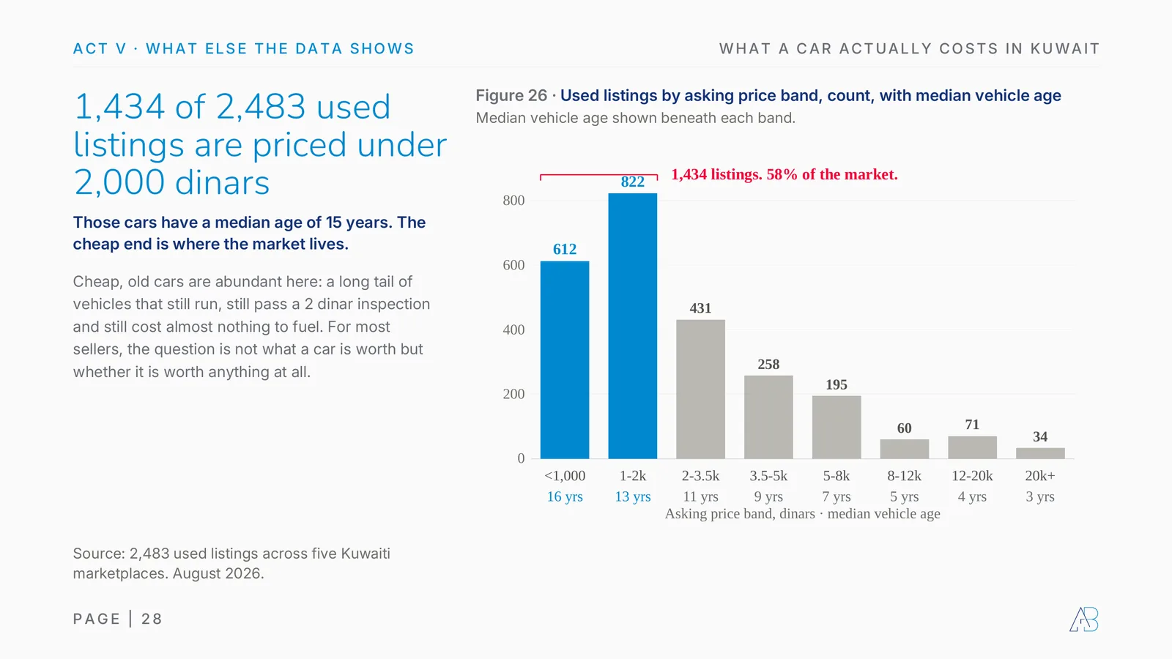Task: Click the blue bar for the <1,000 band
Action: (565, 360)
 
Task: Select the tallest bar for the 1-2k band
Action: (633, 326)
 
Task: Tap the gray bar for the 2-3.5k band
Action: (700, 389)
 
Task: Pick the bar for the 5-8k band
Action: (837, 428)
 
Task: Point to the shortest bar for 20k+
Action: (1040, 453)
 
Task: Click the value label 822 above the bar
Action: (633, 182)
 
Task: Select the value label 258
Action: (768, 364)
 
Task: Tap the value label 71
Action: (972, 424)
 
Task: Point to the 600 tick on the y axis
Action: (513, 265)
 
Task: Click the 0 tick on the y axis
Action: (521, 458)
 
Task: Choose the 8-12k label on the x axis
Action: (904, 476)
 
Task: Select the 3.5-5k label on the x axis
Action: (768, 476)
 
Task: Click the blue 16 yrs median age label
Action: (565, 496)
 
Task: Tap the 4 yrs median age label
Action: (972, 496)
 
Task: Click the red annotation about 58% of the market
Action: (785, 174)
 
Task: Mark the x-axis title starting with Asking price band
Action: (802, 513)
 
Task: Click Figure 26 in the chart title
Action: (511, 96)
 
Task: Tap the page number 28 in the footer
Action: (152, 619)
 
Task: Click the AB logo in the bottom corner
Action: (1084, 619)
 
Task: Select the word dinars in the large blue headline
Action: (222, 182)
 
